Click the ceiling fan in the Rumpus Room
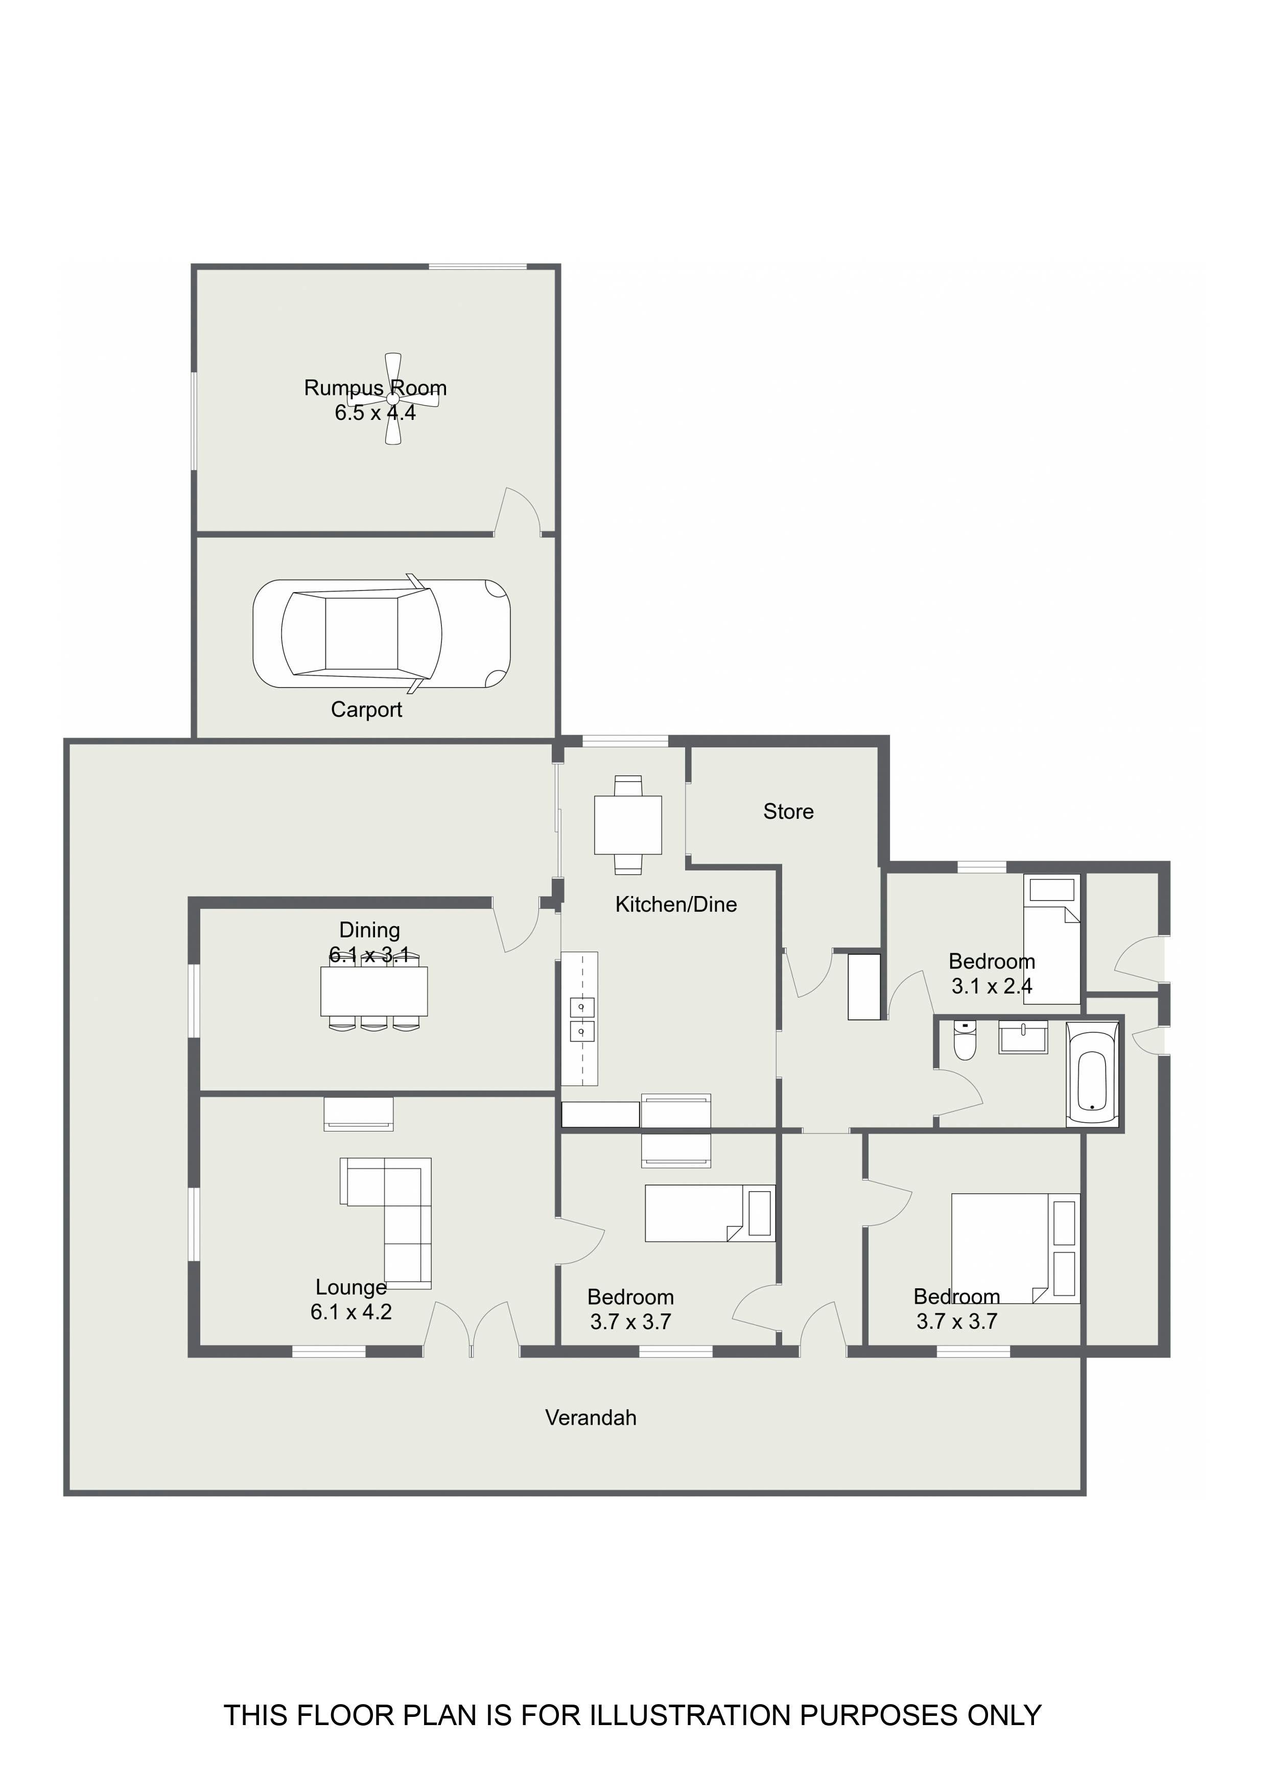pyautogui.click(x=393, y=399)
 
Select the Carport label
pyautogui.click(x=366, y=710)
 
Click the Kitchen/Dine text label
pyautogui.click(x=676, y=905)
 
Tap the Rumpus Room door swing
pyautogui.click(x=518, y=511)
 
